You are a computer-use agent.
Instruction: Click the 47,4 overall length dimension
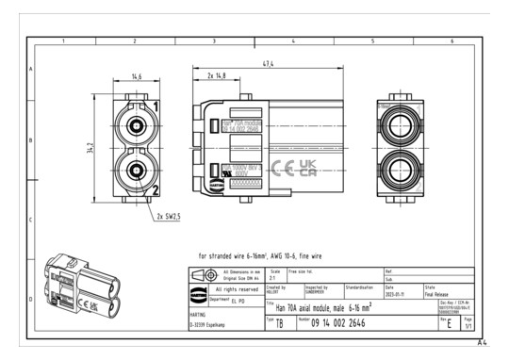tap(269, 63)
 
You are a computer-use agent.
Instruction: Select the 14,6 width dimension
tap(137, 77)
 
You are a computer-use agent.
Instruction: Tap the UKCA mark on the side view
tap(307, 168)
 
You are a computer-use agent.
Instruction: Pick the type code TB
tap(279, 323)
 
